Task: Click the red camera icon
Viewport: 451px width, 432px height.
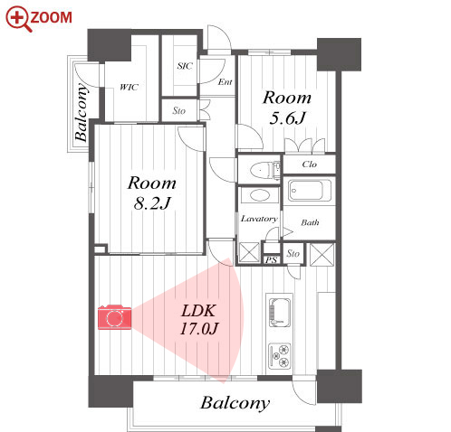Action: click(x=115, y=317)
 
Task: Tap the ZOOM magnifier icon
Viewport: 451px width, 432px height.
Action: click(x=18, y=19)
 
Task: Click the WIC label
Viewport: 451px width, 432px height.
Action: click(x=130, y=88)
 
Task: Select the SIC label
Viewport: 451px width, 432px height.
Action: click(x=185, y=66)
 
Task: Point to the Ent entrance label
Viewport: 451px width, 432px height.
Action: click(x=225, y=82)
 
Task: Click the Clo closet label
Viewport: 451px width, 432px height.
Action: click(x=310, y=164)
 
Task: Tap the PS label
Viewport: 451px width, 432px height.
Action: click(x=271, y=260)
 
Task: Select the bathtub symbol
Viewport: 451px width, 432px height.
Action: click(x=310, y=191)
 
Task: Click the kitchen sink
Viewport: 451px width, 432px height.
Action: click(x=280, y=313)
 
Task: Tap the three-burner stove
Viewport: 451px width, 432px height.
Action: click(x=280, y=356)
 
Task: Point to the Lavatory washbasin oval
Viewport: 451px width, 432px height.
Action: click(x=259, y=195)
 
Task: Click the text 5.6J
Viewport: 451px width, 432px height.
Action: click(x=287, y=117)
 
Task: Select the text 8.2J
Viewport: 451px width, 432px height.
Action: click(x=152, y=203)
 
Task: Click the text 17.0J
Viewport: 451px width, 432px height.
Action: click(x=199, y=328)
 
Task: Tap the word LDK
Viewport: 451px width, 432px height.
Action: click(x=198, y=311)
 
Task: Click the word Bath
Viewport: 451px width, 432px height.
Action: click(x=310, y=222)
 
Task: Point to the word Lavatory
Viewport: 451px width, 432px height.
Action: click(x=259, y=219)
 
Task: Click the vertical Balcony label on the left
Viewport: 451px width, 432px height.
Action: click(x=82, y=112)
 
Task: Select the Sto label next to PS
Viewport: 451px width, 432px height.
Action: click(x=293, y=254)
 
